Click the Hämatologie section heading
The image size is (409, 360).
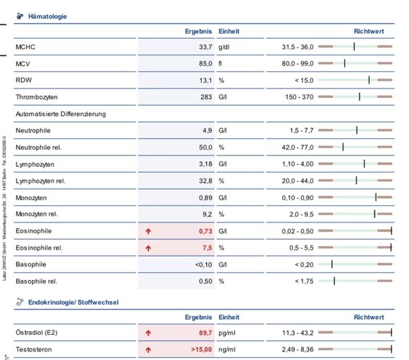(48, 17)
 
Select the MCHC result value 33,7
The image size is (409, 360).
(205, 47)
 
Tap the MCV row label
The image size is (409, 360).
(23, 63)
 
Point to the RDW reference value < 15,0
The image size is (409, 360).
(304, 81)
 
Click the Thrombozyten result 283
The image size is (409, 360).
(206, 97)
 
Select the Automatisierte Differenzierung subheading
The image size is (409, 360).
(60, 114)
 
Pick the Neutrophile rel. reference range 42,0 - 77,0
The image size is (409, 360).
(297, 148)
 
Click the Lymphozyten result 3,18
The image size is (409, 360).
(205, 164)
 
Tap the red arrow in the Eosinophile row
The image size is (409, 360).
(148, 231)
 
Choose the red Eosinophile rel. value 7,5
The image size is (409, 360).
(207, 248)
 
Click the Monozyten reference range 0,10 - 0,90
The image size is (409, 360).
(297, 198)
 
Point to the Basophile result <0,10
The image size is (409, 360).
(204, 264)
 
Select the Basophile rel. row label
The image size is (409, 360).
(36, 282)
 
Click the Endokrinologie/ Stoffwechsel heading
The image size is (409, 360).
(73, 302)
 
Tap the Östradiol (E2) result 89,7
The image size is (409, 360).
(205, 333)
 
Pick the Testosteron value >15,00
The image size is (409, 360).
(202, 349)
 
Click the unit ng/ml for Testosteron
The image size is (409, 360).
(227, 350)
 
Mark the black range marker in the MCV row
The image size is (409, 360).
(345, 63)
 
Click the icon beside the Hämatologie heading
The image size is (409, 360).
(20, 16)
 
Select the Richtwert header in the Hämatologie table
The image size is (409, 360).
(369, 31)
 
